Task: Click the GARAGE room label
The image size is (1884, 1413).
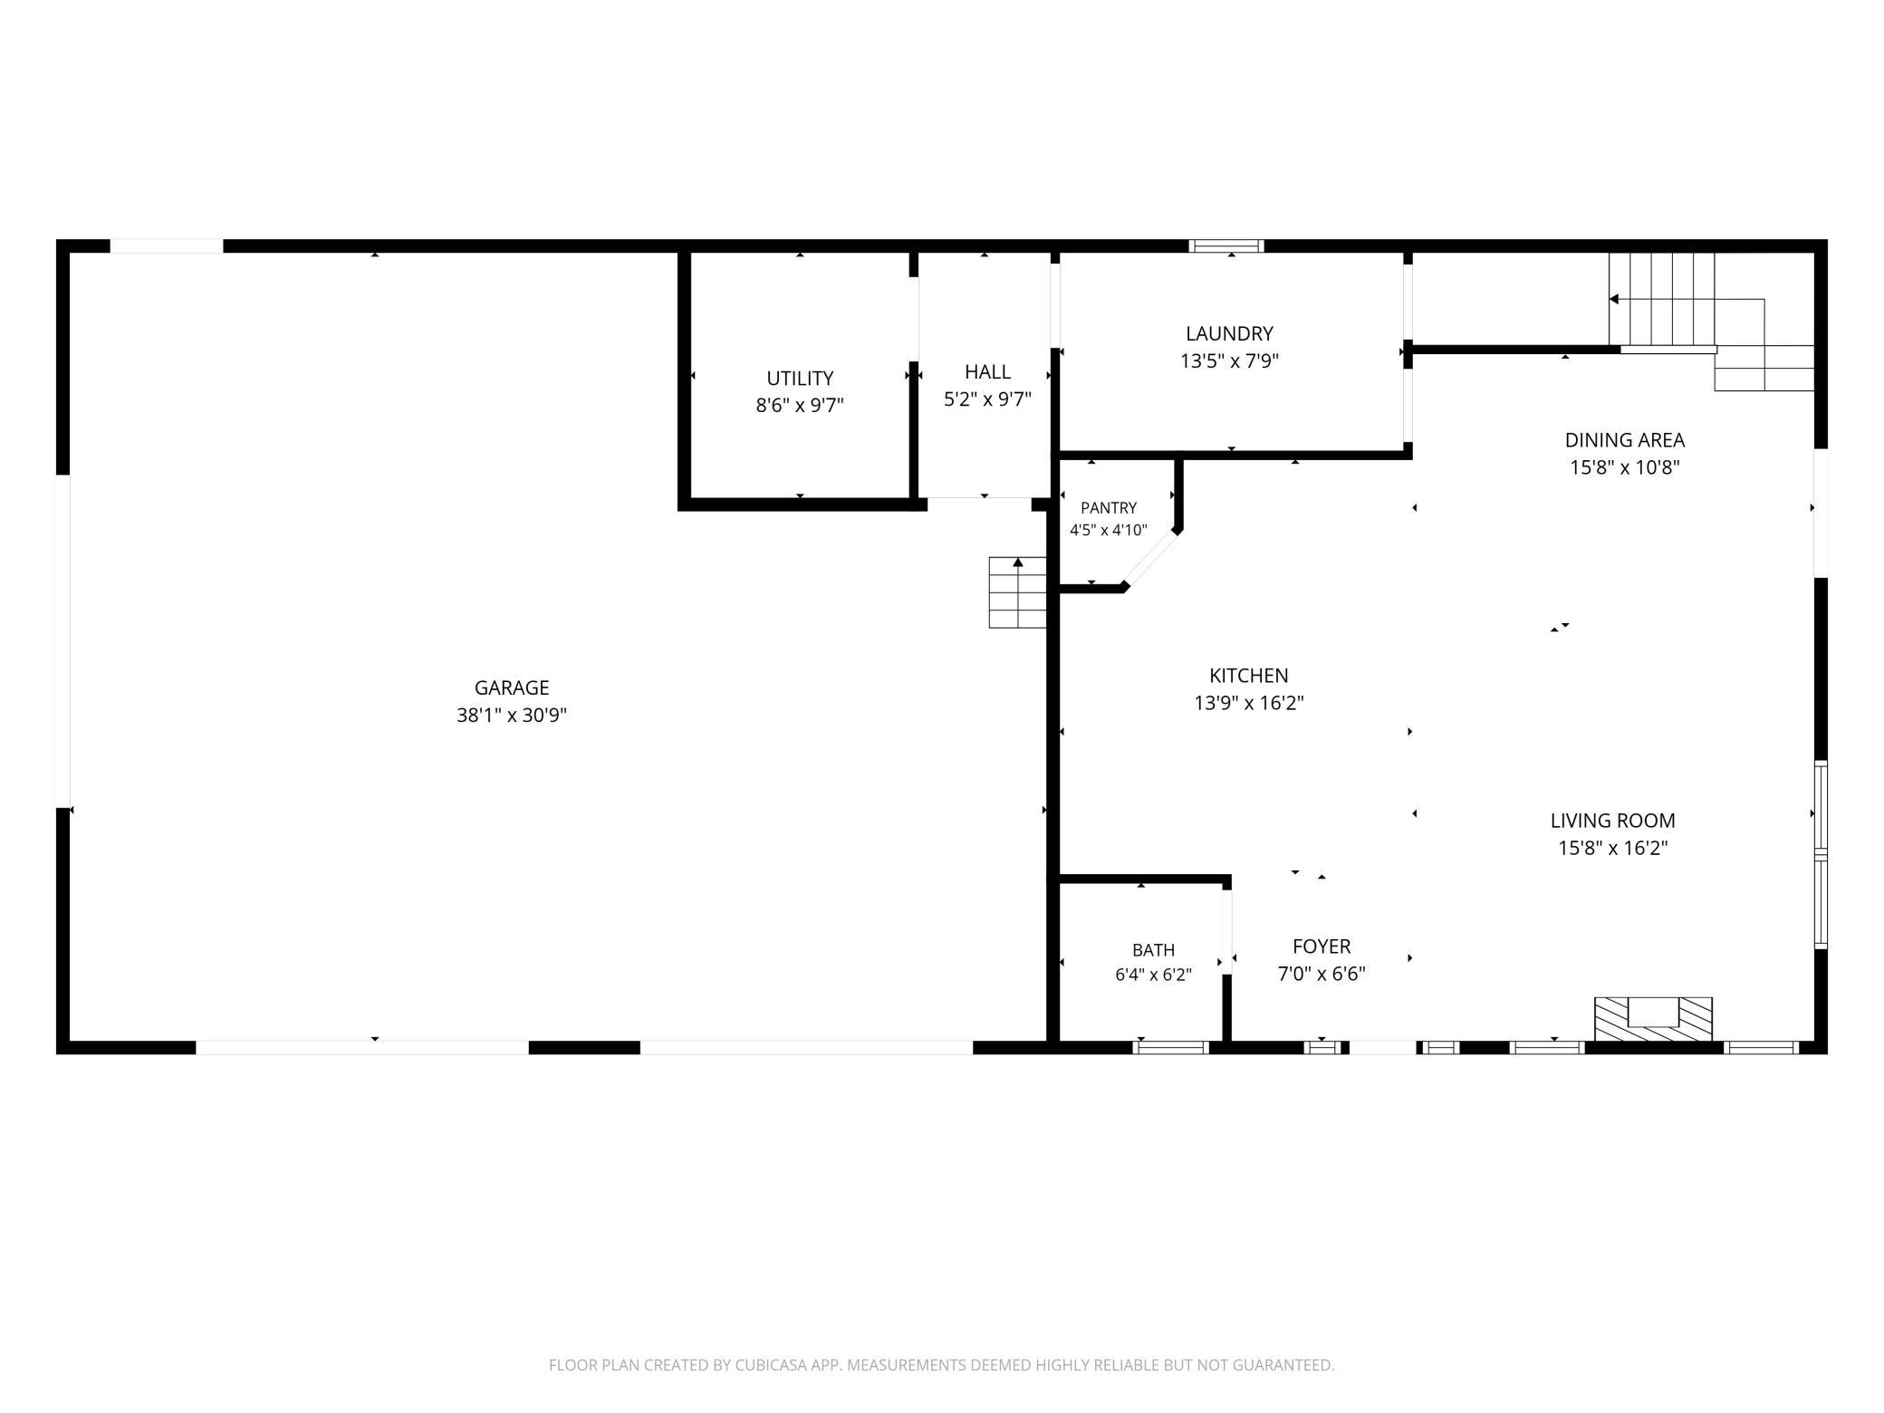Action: (512, 687)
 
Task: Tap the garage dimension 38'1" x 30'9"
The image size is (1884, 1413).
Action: (512, 715)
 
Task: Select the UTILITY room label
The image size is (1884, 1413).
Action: (800, 378)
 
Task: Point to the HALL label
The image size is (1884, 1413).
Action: (987, 371)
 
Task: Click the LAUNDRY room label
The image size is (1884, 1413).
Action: (1229, 333)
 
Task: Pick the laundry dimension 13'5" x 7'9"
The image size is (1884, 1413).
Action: (1229, 360)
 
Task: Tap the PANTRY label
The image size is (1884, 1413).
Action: (1108, 508)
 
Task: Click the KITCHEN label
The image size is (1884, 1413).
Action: (1248, 675)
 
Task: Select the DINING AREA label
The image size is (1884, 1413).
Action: (1624, 440)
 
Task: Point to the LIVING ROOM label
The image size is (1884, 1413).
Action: (1612, 821)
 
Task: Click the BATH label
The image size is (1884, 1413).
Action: (1153, 950)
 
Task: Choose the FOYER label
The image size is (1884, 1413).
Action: (1322, 947)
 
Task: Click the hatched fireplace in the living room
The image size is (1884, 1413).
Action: (1653, 1019)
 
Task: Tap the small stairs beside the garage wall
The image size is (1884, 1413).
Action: (1017, 592)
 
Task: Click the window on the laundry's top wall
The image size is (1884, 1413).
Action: (1226, 245)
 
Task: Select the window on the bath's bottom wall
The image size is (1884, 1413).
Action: (1171, 1048)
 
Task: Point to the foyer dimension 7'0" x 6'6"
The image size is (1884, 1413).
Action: (1322, 974)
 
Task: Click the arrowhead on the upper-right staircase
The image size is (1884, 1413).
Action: (1613, 299)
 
